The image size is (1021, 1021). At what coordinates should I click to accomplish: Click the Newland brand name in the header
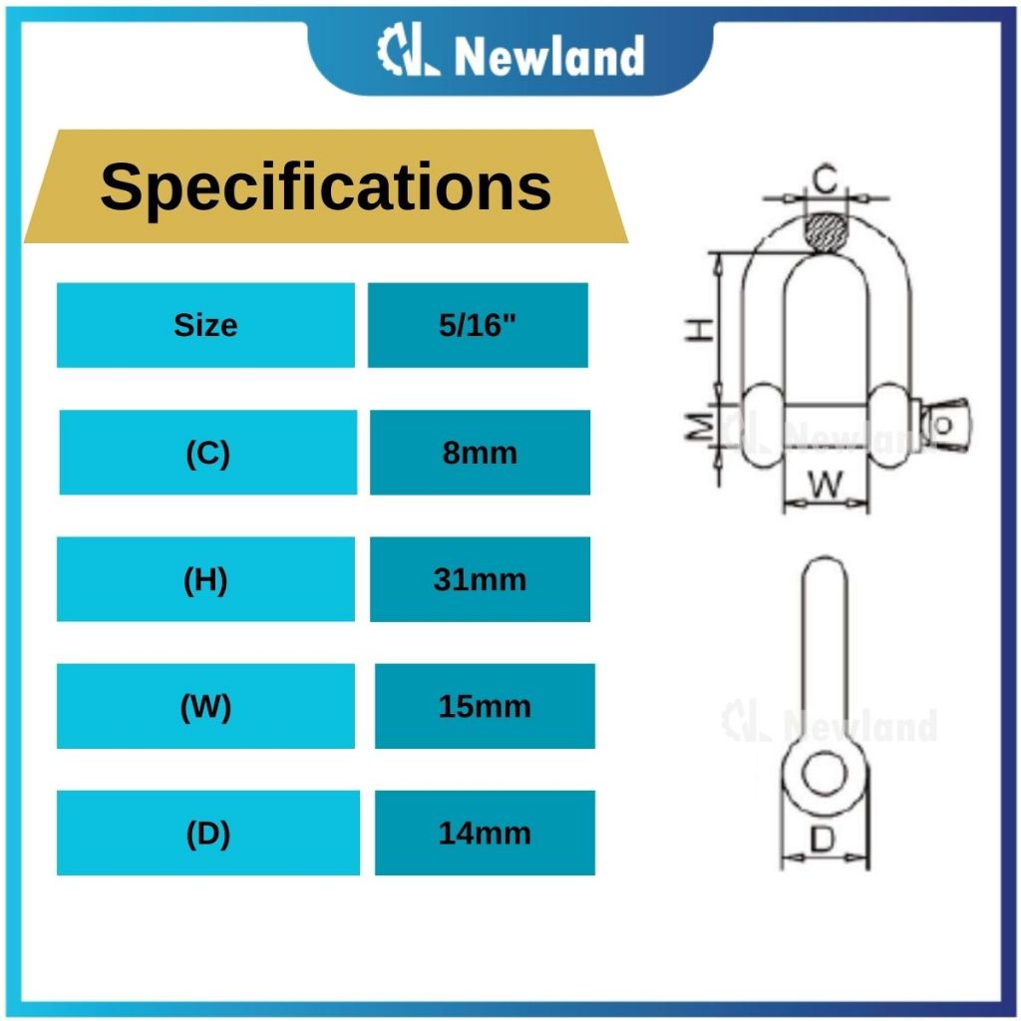(549, 56)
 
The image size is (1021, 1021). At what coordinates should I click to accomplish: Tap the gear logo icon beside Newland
(408, 50)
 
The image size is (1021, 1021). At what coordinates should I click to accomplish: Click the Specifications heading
(326, 186)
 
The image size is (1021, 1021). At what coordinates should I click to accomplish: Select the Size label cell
(205, 325)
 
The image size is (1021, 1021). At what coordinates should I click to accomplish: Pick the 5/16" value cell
(478, 325)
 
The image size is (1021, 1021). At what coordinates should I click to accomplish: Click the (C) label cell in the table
(208, 453)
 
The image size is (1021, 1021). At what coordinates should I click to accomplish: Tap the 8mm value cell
(480, 453)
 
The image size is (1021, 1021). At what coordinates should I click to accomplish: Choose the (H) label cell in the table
(205, 579)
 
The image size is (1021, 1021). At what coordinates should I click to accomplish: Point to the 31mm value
(480, 579)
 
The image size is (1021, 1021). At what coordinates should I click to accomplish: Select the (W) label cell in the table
(205, 707)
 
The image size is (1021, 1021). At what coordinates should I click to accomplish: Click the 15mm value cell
(486, 707)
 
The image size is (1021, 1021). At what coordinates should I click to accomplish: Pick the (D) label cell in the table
(208, 833)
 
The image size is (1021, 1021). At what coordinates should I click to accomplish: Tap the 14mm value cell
(486, 833)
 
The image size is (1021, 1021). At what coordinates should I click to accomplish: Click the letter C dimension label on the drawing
(825, 179)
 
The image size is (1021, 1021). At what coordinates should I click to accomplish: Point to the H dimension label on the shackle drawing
(700, 330)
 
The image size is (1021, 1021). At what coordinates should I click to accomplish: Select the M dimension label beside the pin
(701, 427)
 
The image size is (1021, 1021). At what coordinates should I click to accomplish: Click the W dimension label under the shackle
(825, 485)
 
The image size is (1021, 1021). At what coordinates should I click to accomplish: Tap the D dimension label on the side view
(823, 840)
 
